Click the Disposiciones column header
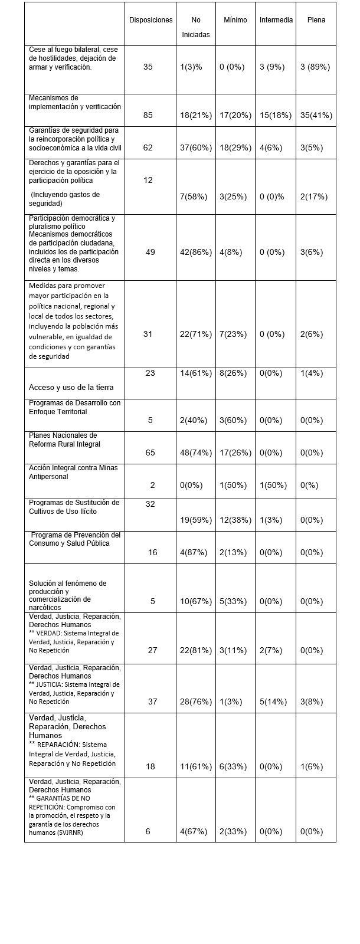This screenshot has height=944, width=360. [x=151, y=20]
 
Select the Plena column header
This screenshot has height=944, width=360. [x=316, y=20]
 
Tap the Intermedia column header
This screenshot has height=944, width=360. [x=276, y=20]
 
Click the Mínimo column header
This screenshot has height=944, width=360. [x=235, y=20]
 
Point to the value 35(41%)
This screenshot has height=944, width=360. [x=316, y=115]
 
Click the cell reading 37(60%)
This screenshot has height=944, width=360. [x=196, y=147]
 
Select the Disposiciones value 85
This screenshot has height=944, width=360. [x=148, y=115]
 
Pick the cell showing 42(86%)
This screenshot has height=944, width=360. [x=196, y=252]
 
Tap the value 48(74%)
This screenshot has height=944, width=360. [x=196, y=453]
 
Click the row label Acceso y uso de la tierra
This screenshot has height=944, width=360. [x=71, y=388]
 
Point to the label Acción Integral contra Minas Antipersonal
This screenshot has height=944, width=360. [x=73, y=472]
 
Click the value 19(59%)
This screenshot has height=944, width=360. [x=196, y=520]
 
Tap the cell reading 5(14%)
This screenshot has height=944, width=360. [x=276, y=702]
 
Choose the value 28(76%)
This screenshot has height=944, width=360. [x=196, y=702]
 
